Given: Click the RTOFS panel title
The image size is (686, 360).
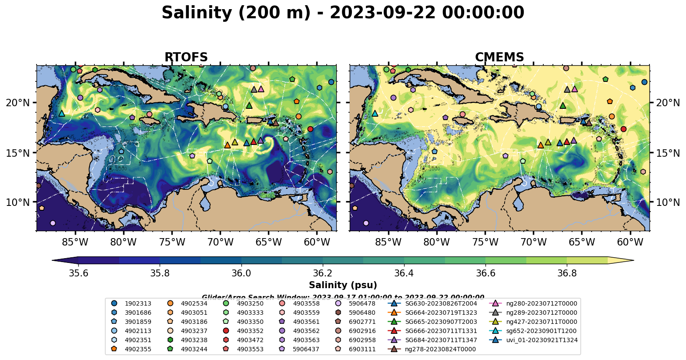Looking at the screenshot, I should [186, 57].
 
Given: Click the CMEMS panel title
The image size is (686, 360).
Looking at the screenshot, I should [499, 57].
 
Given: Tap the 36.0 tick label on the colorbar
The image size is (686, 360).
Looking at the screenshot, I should [241, 273].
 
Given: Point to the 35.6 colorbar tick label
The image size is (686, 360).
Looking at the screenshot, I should [78, 273].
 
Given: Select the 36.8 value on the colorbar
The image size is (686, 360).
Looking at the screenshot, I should [567, 273].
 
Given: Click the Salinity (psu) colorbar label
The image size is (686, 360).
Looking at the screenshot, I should [343, 285].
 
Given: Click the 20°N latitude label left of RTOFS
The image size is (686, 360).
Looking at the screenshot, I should [18, 103].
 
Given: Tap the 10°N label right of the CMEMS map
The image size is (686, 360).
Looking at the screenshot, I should [668, 202].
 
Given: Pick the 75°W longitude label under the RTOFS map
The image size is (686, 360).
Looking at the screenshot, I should [172, 242].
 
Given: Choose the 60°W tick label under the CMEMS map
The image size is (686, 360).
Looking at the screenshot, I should [630, 242].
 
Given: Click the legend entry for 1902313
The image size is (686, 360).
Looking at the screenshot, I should [138, 303].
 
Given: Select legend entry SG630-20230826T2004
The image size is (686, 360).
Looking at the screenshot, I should [441, 303].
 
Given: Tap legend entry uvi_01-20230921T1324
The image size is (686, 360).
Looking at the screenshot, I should [542, 340].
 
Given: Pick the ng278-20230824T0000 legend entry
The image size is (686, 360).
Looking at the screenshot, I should [440, 349].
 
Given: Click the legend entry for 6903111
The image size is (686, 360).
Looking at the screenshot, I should [362, 349].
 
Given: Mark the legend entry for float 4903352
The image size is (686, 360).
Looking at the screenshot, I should [250, 331].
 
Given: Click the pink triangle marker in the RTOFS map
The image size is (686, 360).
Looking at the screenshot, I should [261, 89].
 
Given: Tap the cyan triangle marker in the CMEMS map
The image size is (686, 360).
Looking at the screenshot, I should [375, 114].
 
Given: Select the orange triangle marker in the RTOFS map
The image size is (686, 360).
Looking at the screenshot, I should [227, 145].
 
